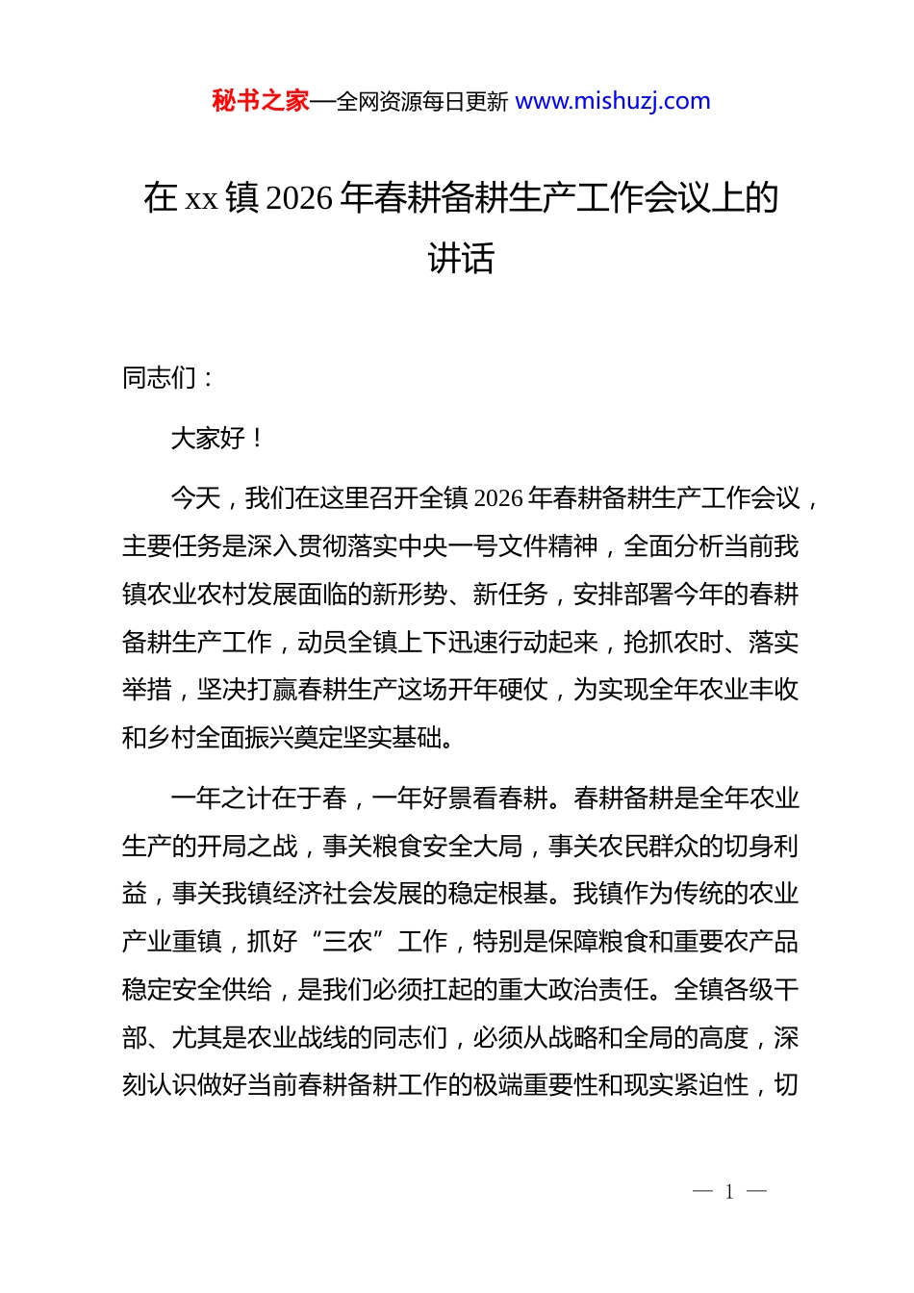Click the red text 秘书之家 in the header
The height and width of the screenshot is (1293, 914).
point(260,101)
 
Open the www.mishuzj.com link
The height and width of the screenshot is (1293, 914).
point(613,101)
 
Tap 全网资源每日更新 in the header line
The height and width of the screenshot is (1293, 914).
point(422,102)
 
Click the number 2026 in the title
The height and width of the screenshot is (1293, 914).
point(298,198)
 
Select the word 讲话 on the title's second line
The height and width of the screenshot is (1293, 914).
point(460,258)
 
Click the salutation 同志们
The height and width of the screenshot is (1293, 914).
point(160,378)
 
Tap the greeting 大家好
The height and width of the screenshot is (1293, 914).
point(208,439)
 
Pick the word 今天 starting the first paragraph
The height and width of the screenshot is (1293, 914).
point(195,498)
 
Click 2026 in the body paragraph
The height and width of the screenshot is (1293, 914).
point(498,498)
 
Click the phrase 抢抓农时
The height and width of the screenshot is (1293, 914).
point(672,643)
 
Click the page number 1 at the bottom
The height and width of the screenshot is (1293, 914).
point(729,1192)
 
